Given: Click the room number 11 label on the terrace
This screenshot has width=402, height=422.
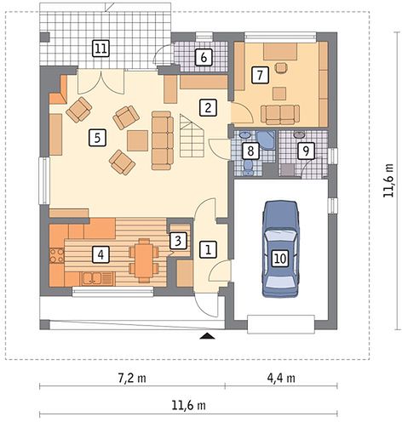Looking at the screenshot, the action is point(100,48).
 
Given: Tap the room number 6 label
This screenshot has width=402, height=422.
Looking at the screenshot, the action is point(204,58).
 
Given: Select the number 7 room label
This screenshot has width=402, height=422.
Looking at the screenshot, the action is point(260,75).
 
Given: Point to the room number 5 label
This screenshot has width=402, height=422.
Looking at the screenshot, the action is point(97,138).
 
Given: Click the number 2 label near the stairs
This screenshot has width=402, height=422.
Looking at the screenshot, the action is point(208,107).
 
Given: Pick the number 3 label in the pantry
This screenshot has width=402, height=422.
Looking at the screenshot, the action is point(178,241).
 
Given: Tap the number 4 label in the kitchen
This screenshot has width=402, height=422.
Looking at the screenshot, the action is point(100,254).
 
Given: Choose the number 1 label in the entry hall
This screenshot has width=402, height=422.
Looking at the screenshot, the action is point(208,250).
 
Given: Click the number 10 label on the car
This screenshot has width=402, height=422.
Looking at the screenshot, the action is point(280,259).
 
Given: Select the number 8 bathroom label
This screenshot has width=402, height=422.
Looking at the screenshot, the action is point(250,151).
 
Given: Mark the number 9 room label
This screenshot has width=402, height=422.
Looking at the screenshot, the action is point(306,151).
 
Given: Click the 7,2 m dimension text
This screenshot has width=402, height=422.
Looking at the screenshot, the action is point(132,378).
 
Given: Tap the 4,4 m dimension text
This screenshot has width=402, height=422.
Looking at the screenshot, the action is point(281,378).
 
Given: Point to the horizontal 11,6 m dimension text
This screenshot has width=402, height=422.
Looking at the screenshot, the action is point(188,405).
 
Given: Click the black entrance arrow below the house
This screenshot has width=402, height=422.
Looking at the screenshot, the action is point(208,336).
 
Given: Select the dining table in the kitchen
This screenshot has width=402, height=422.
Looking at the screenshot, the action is point(144,260).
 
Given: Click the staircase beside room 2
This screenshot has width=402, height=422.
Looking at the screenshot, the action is point(192,135).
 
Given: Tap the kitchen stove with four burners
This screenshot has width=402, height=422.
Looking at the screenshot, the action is point(57,255).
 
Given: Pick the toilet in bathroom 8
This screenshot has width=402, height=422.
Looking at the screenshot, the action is point(249,168).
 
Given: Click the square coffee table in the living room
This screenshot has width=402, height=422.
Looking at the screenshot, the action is point(137,140).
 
